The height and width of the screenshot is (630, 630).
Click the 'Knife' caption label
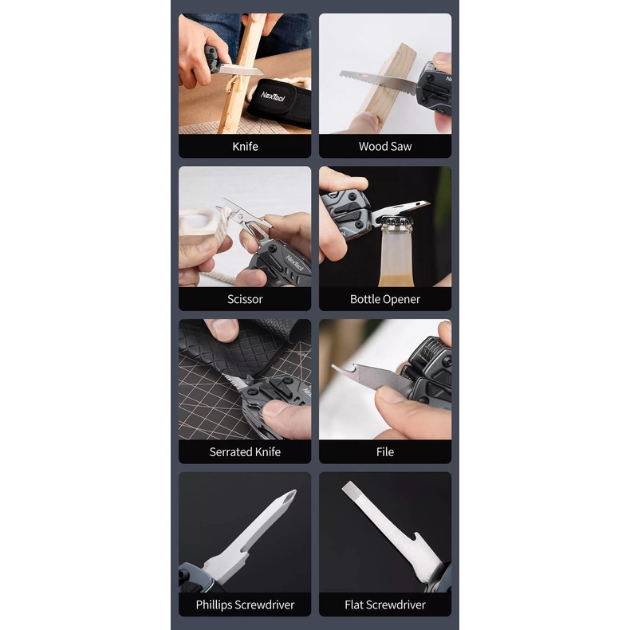click(x=245, y=146)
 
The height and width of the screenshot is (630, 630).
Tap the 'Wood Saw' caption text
click(x=385, y=146)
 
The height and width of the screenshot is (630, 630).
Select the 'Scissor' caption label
click(x=245, y=299)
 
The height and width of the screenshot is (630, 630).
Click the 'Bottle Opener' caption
click(x=385, y=299)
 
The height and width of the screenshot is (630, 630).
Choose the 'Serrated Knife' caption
click(x=245, y=452)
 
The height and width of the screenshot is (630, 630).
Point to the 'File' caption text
click(x=385, y=452)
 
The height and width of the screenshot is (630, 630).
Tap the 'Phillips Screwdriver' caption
click(x=245, y=604)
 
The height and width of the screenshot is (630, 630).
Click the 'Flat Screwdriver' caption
click(x=385, y=604)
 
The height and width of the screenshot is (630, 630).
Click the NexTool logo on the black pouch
click(x=274, y=96)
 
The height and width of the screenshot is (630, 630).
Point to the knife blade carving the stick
click(x=240, y=69)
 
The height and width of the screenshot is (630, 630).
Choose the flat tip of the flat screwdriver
click(x=349, y=487)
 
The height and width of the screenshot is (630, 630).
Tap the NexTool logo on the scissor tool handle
click(x=294, y=263)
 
